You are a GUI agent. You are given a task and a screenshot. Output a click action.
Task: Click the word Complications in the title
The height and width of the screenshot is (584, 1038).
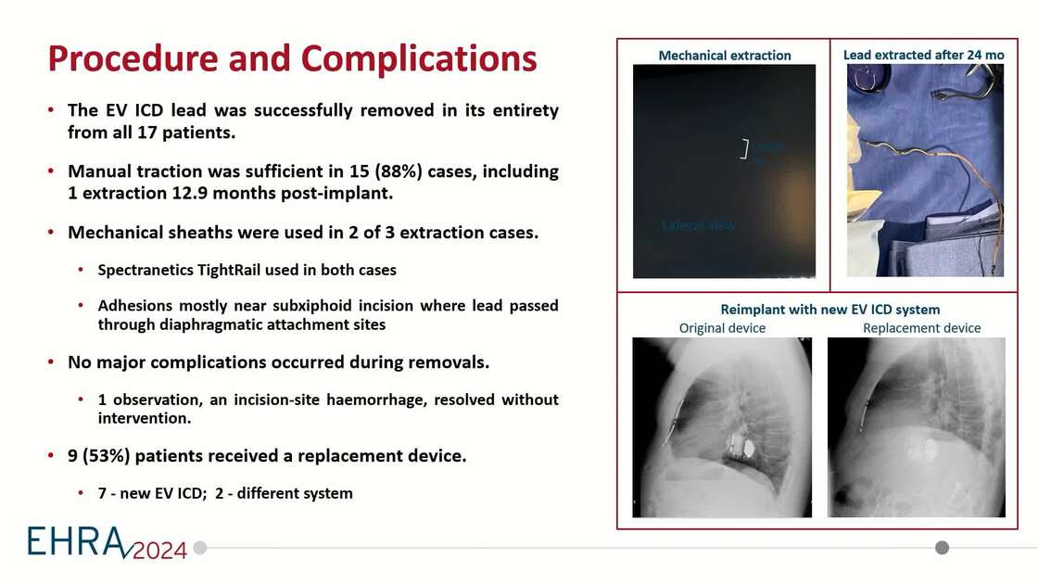pos(419,58)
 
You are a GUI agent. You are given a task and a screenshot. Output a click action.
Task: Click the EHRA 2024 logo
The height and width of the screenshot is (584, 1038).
pos(107,542)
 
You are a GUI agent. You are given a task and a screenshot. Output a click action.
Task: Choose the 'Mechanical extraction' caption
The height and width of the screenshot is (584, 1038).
pos(725,56)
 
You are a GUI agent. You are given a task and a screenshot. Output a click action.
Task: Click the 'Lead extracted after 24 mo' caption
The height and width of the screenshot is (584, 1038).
pos(923,56)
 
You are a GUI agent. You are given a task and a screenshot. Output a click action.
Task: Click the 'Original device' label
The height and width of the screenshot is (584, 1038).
pos(722,328)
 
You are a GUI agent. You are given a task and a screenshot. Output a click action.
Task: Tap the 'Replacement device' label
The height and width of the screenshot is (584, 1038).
pos(921,328)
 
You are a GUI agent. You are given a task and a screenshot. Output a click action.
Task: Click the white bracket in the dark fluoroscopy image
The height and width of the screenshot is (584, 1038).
pos(743,148)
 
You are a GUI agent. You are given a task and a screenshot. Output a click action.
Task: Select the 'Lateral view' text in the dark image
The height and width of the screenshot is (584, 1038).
pos(699,225)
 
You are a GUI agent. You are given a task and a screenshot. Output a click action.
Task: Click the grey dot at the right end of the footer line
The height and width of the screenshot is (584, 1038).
pos(942,547)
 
